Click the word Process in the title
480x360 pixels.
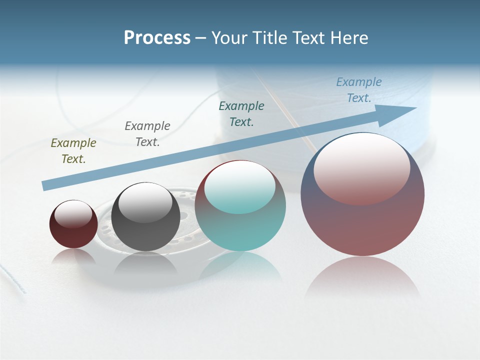click(x=157, y=38)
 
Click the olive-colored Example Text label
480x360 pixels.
click(x=73, y=151)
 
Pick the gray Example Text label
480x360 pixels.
click(x=147, y=134)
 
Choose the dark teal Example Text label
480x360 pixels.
click(x=241, y=114)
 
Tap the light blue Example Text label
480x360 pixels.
click(x=359, y=90)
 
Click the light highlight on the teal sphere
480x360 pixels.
click(x=240, y=187)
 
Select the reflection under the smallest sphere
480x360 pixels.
click(x=73, y=257)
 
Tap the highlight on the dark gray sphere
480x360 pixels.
click(x=145, y=202)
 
